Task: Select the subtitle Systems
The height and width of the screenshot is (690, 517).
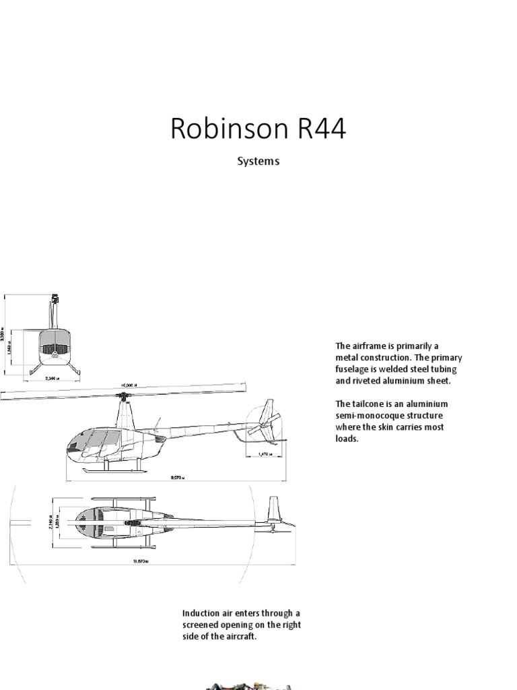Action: (x=258, y=162)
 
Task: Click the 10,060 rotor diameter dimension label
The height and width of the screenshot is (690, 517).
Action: (x=129, y=386)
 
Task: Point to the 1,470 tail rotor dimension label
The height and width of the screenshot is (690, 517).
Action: (x=267, y=455)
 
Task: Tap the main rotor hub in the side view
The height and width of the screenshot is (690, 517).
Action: (x=123, y=398)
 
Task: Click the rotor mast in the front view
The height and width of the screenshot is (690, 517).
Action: (x=53, y=314)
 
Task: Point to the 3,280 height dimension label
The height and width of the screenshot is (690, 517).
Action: (x=10, y=335)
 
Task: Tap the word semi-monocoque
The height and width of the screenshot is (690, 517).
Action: (x=372, y=416)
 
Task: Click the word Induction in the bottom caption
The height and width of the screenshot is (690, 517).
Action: (x=201, y=613)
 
